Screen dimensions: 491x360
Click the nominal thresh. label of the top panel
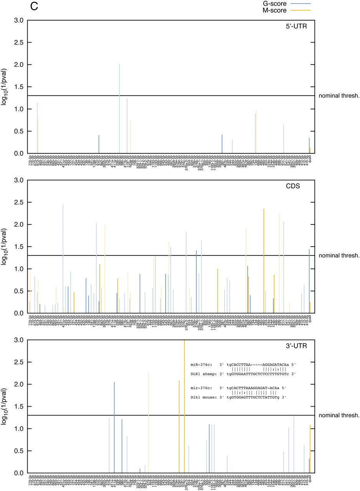(x=339, y=96)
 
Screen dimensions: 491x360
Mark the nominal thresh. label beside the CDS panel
(x=339, y=255)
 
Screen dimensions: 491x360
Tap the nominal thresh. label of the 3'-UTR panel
(x=339, y=415)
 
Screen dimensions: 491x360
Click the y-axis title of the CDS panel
(x=5, y=247)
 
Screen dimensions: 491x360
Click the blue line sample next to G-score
(x=301, y=3)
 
